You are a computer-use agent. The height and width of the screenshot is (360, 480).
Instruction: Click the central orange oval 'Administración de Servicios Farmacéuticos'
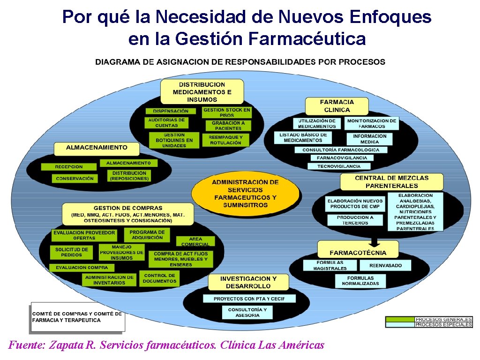point(245,194)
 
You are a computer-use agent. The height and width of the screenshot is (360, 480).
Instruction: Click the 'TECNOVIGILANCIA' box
point(339,166)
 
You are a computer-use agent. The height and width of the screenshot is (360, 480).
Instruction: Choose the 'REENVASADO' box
point(385,265)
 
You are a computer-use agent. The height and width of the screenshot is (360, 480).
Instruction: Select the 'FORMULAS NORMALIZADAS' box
point(360,281)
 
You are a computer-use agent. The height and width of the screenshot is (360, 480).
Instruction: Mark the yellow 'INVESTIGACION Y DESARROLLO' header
point(248,282)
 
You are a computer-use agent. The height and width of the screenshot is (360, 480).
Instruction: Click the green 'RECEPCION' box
point(69,167)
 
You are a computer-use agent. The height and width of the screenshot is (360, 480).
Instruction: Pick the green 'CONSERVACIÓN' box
point(75,179)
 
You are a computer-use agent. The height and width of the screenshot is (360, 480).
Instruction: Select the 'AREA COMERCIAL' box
point(195,241)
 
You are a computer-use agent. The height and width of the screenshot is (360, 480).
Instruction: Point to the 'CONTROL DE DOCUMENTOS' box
point(160,278)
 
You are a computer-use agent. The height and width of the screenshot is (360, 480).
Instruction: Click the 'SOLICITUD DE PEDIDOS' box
point(71,252)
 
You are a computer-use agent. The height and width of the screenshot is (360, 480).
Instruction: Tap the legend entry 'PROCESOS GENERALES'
point(443,319)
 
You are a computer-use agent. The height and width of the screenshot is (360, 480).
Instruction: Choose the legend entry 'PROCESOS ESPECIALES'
point(443,324)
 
